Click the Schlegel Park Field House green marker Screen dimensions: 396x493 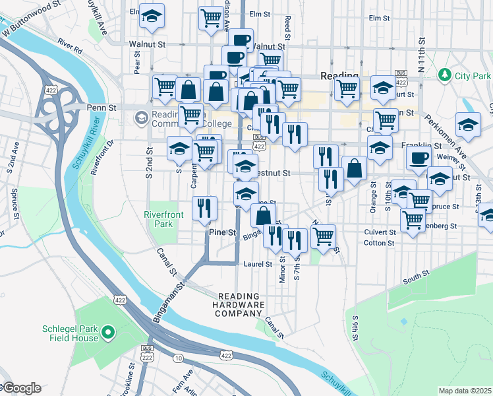point(109,332)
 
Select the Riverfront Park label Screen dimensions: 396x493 point(159,218)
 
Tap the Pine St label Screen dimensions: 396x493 point(222,232)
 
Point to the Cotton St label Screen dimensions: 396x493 point(378,243)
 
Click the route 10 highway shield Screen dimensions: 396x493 point(179,358)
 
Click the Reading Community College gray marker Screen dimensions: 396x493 point(141,119)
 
